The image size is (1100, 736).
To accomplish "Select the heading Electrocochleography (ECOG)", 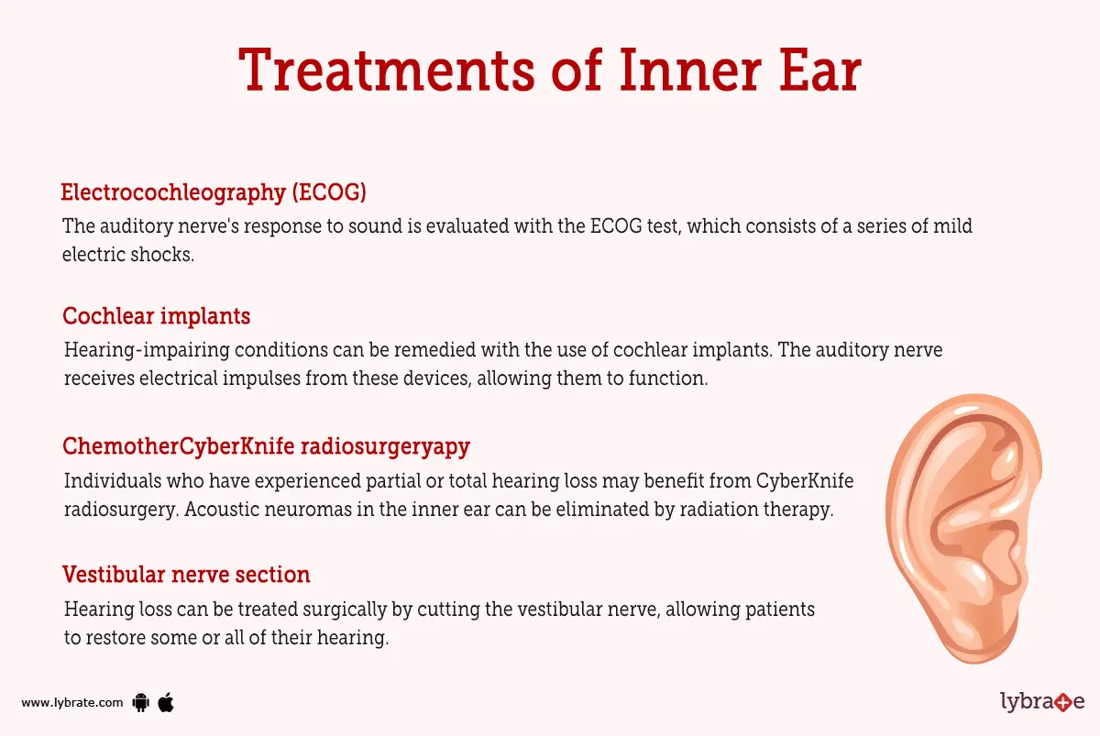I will point(214,192).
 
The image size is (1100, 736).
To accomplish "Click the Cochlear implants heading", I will point(156,316).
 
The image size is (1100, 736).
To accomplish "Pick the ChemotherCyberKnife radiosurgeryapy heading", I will point(266,446).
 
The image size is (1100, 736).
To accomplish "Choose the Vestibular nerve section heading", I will point(186,575).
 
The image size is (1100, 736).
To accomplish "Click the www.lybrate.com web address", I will point(71,703).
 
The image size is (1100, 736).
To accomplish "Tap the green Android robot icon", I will point(140,703).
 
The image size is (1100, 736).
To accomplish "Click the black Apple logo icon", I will point(166,702).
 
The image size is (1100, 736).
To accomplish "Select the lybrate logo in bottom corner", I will point(1041,702).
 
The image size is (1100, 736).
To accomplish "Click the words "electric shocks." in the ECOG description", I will point(128,255).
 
